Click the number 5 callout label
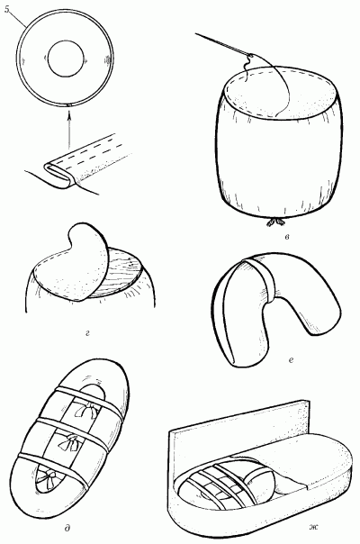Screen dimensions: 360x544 point(7,10)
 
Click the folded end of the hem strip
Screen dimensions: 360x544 point(59,176)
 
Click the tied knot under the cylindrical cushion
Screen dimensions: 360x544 point(276,222)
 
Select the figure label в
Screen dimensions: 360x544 point(286,237)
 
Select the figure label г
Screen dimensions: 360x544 point(87,333)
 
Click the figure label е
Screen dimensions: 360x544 point(291,361)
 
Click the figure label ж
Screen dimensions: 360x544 point(313,528)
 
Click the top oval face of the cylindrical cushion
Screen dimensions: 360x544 point(280,92)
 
